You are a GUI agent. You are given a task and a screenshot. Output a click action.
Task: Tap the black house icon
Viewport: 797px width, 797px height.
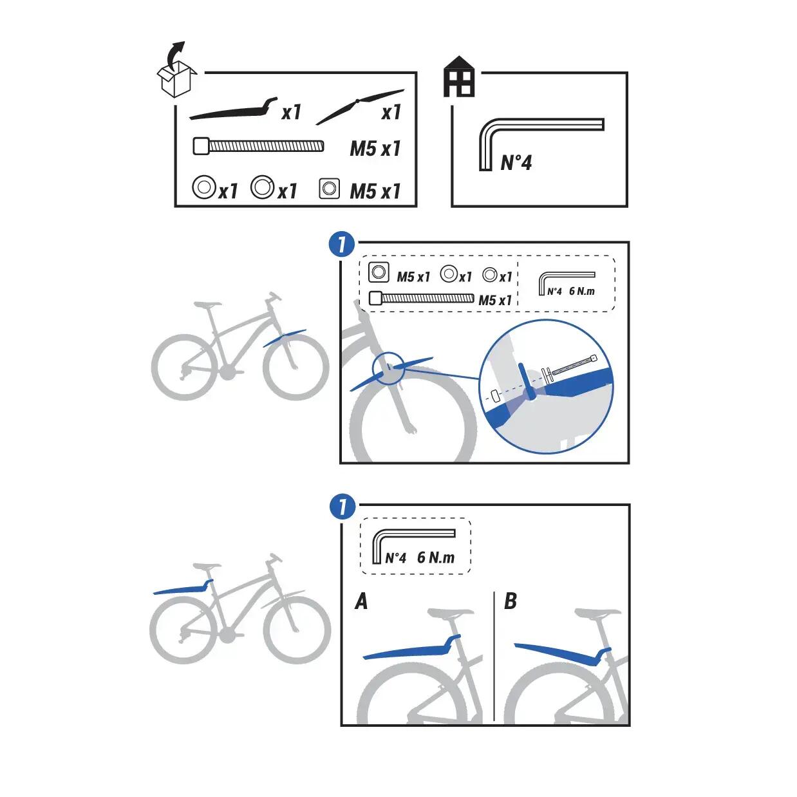pos(459,77)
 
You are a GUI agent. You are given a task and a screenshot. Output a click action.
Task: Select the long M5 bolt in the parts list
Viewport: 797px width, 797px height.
pos(259,146)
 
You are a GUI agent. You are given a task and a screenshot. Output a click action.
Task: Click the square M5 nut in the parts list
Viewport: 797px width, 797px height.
pos(330,189)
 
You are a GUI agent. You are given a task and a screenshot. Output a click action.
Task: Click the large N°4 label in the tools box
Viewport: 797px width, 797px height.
pos(516,162)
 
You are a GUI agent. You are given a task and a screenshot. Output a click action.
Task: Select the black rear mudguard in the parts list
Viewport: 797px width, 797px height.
pos(234,110)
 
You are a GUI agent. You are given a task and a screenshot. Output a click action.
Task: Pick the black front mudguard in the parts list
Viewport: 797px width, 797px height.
pos(359,107)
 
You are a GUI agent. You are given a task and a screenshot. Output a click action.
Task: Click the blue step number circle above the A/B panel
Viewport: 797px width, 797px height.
pos(342,507)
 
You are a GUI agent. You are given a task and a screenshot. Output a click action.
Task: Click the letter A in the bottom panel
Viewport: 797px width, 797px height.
pos(361,602)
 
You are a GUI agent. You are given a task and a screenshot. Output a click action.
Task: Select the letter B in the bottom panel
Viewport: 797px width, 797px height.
pos(511,602)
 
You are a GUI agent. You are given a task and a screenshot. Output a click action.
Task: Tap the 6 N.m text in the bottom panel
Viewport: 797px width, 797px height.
pos(435,558)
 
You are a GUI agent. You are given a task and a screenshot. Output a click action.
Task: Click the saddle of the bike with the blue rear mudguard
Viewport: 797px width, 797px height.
pos(207,567)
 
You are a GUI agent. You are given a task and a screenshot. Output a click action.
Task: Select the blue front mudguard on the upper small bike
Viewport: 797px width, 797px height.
pos(285,338)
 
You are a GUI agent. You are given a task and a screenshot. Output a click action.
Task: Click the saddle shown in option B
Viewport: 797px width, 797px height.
pos(597,613)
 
